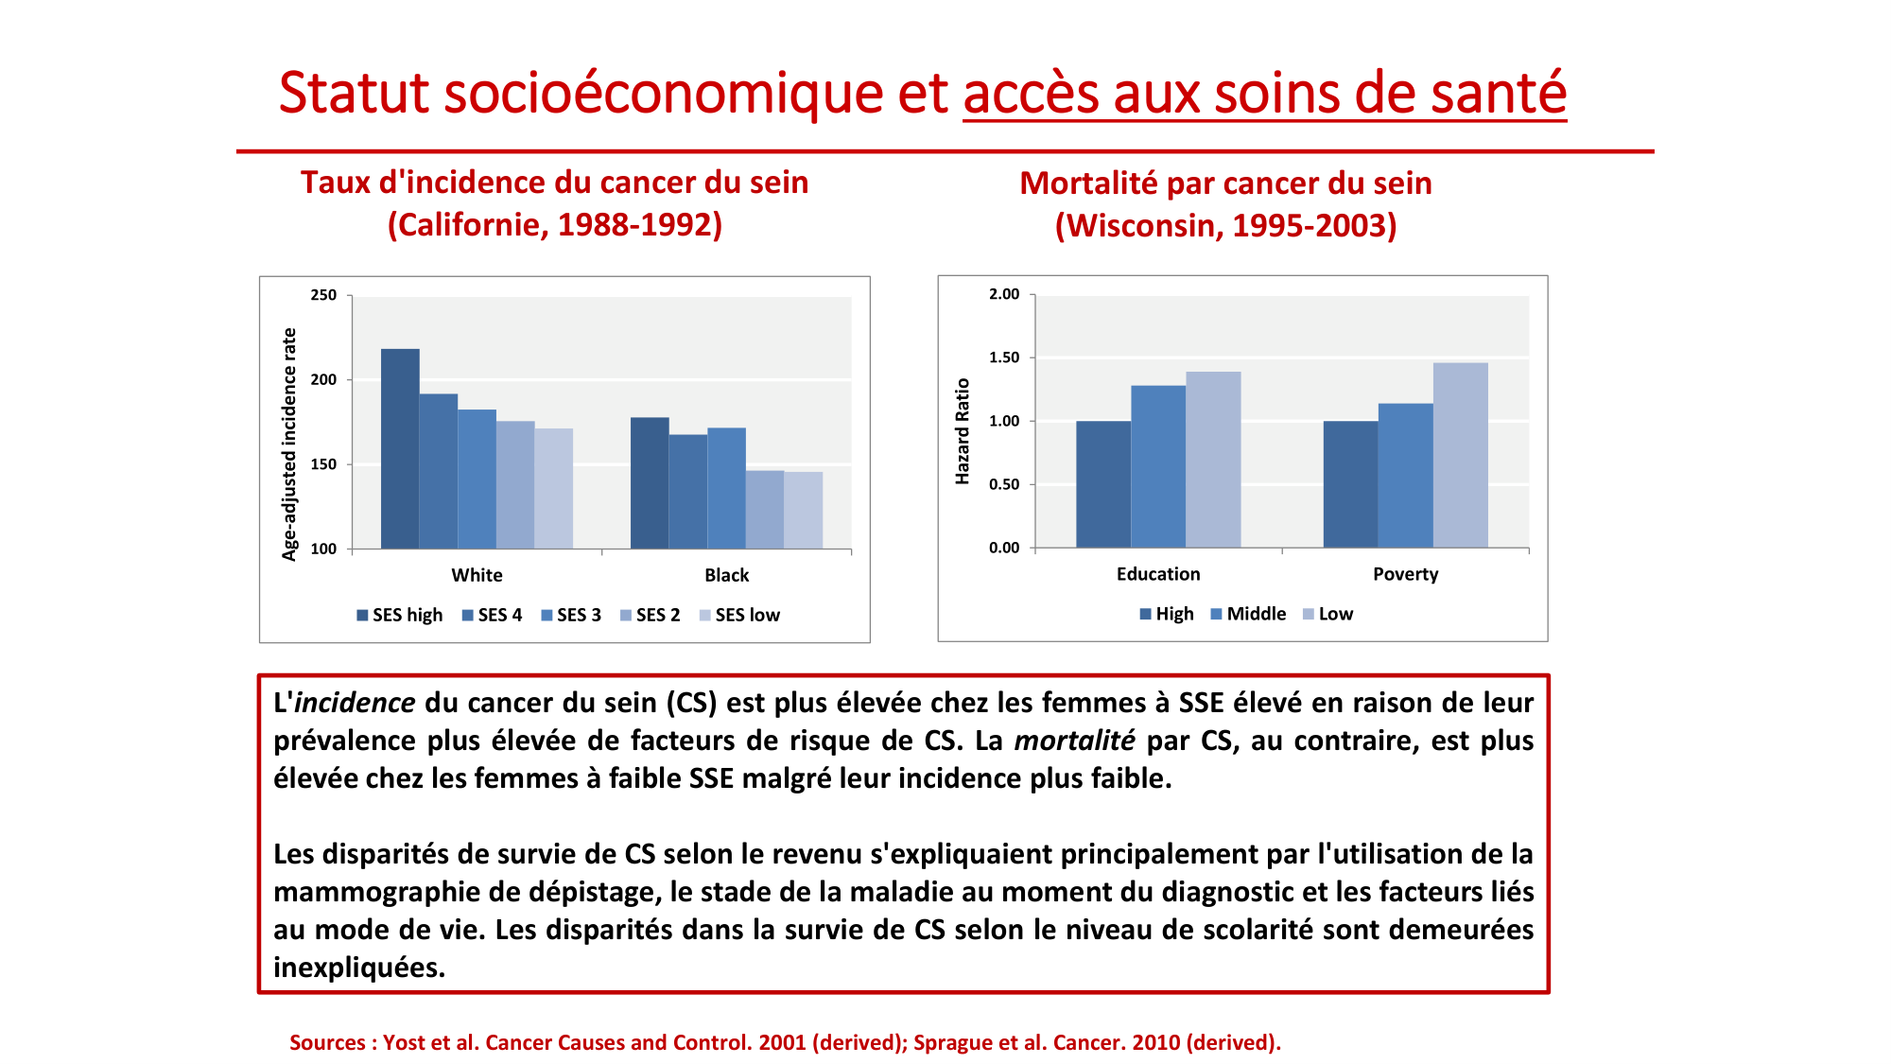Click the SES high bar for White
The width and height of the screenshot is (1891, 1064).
pos(400,448)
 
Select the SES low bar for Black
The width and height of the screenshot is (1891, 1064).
pos(803,510)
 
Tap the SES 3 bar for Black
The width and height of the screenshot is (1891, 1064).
pos(726,488)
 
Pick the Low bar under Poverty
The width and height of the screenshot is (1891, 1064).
pos(1460,455)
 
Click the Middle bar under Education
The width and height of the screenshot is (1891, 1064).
pos(1158,466)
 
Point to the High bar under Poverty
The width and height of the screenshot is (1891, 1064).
pos(1350,484)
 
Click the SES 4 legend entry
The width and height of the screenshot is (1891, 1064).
pos(492,615)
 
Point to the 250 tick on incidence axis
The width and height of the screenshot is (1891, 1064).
pos(323,295)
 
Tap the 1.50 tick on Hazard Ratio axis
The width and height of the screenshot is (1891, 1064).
pos(1004,358)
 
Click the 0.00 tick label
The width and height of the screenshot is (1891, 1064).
pos(1004,548)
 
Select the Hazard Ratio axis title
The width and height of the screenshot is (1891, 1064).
pos(963,431)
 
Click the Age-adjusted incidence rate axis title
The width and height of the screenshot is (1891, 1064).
pos(289,445)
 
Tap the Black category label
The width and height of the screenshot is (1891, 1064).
pos(726,575)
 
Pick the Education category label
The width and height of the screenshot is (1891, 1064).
pos(1158,574)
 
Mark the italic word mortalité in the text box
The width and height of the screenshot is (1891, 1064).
pos(1074,741)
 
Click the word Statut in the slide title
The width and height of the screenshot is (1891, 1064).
pos(354,94)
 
